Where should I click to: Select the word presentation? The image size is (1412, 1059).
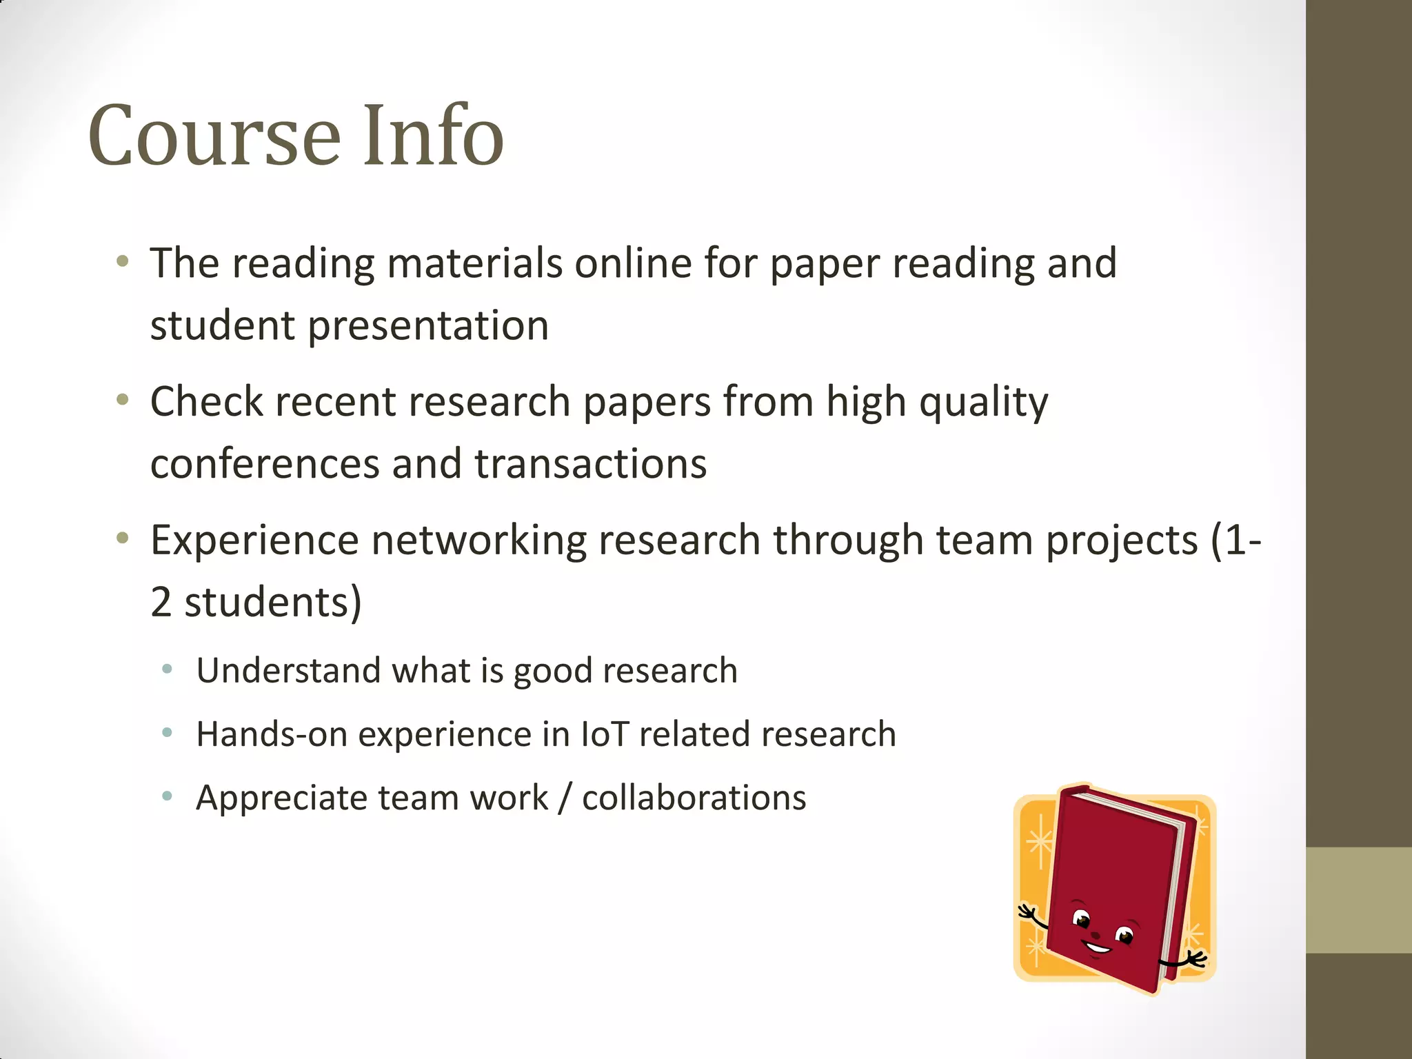click(428, 325)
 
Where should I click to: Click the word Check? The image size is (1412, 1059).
click(206, 401)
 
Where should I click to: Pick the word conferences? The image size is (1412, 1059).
click(265, 464)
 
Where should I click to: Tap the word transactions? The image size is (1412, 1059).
click(591, 464)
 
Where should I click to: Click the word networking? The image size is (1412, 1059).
click(478, 540)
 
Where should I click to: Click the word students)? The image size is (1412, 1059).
click(272, 603)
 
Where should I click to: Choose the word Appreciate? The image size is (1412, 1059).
click(281, 798)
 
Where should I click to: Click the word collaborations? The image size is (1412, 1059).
click(694, 798)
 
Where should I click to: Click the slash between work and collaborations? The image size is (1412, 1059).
click(565, 798)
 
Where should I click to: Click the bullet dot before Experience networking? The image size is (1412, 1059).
click(123, 538)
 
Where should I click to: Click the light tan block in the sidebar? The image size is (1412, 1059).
click(1358, 900)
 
